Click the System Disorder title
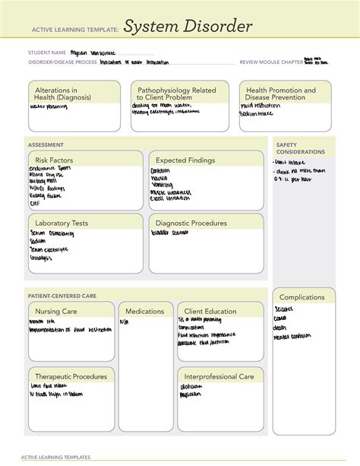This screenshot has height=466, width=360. (188, 28)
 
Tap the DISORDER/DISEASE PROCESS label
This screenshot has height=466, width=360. (60, 62)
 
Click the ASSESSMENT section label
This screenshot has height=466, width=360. (46, 144)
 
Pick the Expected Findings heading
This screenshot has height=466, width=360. (185, 160)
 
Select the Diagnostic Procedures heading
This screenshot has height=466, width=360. (191, 223)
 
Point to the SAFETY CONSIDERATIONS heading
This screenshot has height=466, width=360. (300, 148)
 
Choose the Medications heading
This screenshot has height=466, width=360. (145, 311)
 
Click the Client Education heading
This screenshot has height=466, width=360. (210, 311)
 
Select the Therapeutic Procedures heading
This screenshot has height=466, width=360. (70, 376)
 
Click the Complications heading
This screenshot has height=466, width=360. (302, 296)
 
